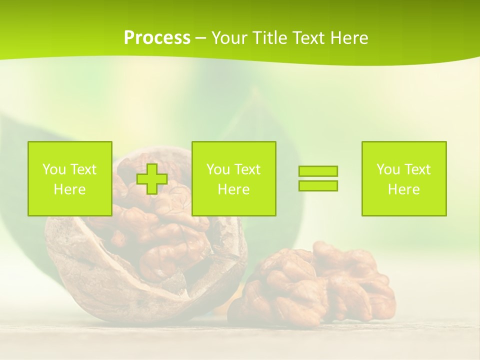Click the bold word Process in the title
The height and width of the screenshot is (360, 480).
[157, 38]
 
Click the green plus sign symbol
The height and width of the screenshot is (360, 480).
[152, 178]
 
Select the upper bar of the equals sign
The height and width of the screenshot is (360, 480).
[318, 171]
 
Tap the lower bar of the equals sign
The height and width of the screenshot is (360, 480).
[318, 185]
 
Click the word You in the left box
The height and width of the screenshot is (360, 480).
[54, 169]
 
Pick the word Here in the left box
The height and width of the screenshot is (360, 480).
[69, 189]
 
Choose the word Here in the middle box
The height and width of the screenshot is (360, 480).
[233, 189]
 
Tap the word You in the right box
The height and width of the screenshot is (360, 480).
[388, 169]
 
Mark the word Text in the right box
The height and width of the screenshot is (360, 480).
[417, 169]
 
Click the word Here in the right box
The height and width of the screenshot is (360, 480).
[403, 189]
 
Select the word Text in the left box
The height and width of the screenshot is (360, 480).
[83, 169]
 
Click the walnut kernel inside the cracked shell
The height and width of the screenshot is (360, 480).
[165, 240]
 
